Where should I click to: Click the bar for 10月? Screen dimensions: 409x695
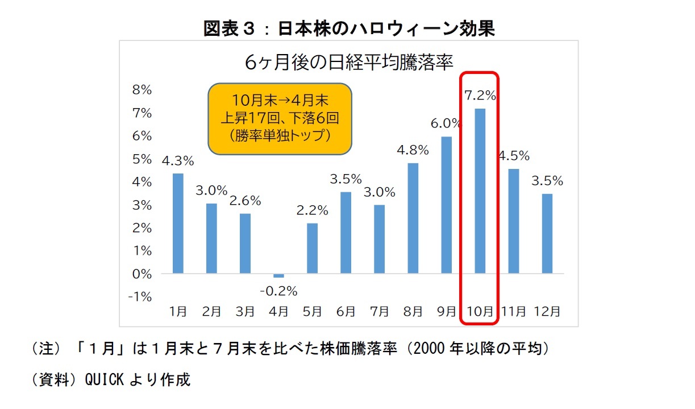coord(480,191)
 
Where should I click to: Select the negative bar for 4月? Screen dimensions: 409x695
coord(278,275)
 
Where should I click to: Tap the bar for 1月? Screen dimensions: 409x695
coord(178,224)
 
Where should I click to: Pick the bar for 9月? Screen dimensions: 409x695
coord(447,205)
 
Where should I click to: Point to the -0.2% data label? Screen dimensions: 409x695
coord(278,291)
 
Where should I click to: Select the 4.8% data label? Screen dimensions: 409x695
coord(413,150)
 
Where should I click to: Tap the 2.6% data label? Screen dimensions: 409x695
coord(245,201)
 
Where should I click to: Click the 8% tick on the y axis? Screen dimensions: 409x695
coord(142,90)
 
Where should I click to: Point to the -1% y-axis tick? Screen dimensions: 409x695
coord(141,296)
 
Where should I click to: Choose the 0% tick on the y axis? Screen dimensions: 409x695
coord(142,274)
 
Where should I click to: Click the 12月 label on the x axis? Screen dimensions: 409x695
coord(547,312)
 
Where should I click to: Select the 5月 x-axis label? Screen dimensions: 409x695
coord(312,312)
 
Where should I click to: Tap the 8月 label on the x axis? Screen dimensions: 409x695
coord(413,312)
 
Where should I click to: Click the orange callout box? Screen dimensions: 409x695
coord(280,119)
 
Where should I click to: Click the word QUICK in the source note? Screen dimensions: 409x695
coord(104,379)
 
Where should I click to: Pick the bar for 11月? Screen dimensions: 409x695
coord(514,221)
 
